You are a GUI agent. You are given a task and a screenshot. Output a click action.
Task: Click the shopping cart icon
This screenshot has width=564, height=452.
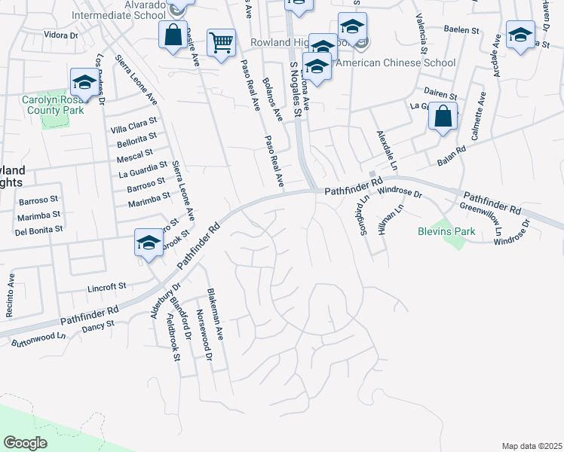221,43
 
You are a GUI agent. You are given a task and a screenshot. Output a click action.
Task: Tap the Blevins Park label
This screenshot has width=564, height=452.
446,231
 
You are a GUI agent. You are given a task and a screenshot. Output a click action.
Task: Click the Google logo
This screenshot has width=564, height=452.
26,442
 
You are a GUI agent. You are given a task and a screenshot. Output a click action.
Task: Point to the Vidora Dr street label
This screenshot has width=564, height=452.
61,35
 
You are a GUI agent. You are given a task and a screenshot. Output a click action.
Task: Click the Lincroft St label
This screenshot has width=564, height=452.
107,288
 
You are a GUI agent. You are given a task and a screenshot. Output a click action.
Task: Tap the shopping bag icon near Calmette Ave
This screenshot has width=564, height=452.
444,117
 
